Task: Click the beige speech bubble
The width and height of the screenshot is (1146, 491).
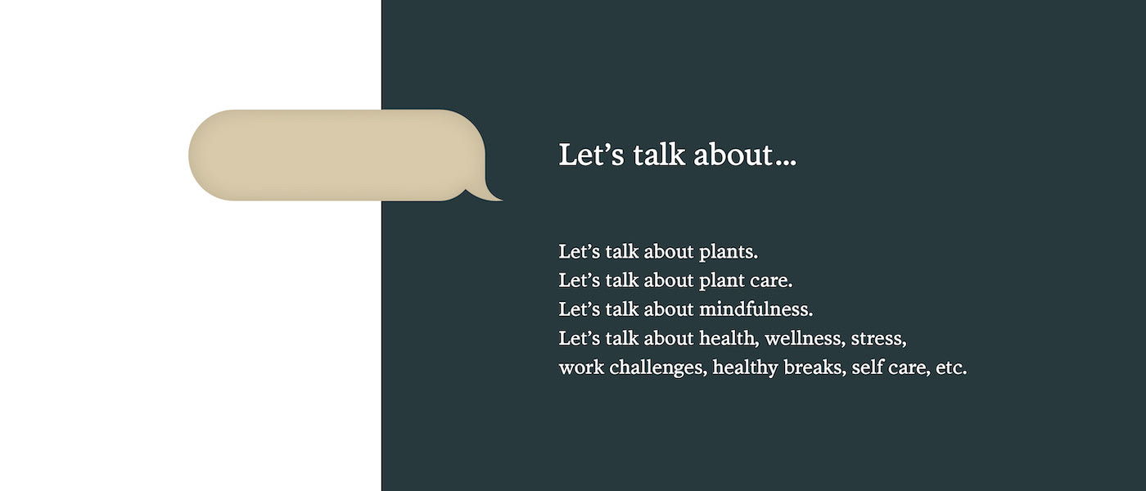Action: [x=336, y=155]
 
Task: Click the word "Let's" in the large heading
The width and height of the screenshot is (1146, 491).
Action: [x=591, y=155]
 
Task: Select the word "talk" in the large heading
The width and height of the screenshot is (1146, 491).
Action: [x=659, y=155]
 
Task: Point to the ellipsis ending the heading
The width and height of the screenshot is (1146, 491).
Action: [x=786, y=163]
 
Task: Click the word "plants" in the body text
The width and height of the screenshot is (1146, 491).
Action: [x=728, y=252]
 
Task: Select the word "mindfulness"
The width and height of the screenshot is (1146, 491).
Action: [x=756, y=309]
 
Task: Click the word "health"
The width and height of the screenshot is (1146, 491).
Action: [x=729, y=339]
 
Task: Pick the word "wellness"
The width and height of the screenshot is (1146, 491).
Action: [x=805, y=339]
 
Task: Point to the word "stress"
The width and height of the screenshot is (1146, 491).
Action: [x=878, y=339]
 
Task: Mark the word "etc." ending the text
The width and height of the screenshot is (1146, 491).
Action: [x=951, y=367]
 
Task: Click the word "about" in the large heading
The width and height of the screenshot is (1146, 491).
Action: [x=733, y=155]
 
